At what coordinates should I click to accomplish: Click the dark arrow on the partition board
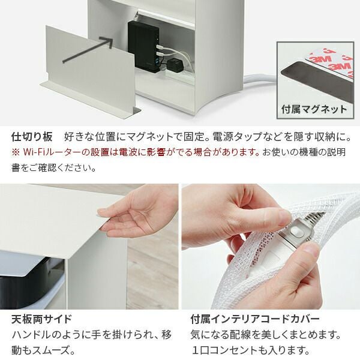(x=88, y=49)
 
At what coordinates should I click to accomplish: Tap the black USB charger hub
(x=143, y=46)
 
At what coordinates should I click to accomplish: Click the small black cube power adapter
(x=175, y=65)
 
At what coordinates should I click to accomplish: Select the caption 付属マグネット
(x=314, y=109)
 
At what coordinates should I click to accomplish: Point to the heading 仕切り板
(x=32, y=137)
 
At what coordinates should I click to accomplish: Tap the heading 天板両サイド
(x=41, y=319)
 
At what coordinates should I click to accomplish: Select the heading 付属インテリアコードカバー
(x=255, y=319)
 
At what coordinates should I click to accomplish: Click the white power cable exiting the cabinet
(x=259, y=80)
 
